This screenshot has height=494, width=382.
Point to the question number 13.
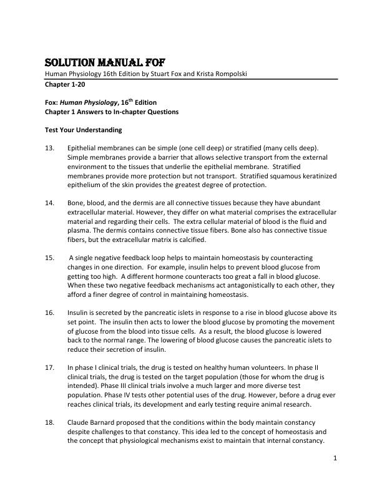(x=50, y=148)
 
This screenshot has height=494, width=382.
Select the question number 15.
(x=50, y=258)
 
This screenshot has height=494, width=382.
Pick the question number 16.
(x=50, y=312)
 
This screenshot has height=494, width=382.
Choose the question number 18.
(x=50, y=422)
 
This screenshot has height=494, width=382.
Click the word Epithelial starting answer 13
(x=83, y=148)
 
